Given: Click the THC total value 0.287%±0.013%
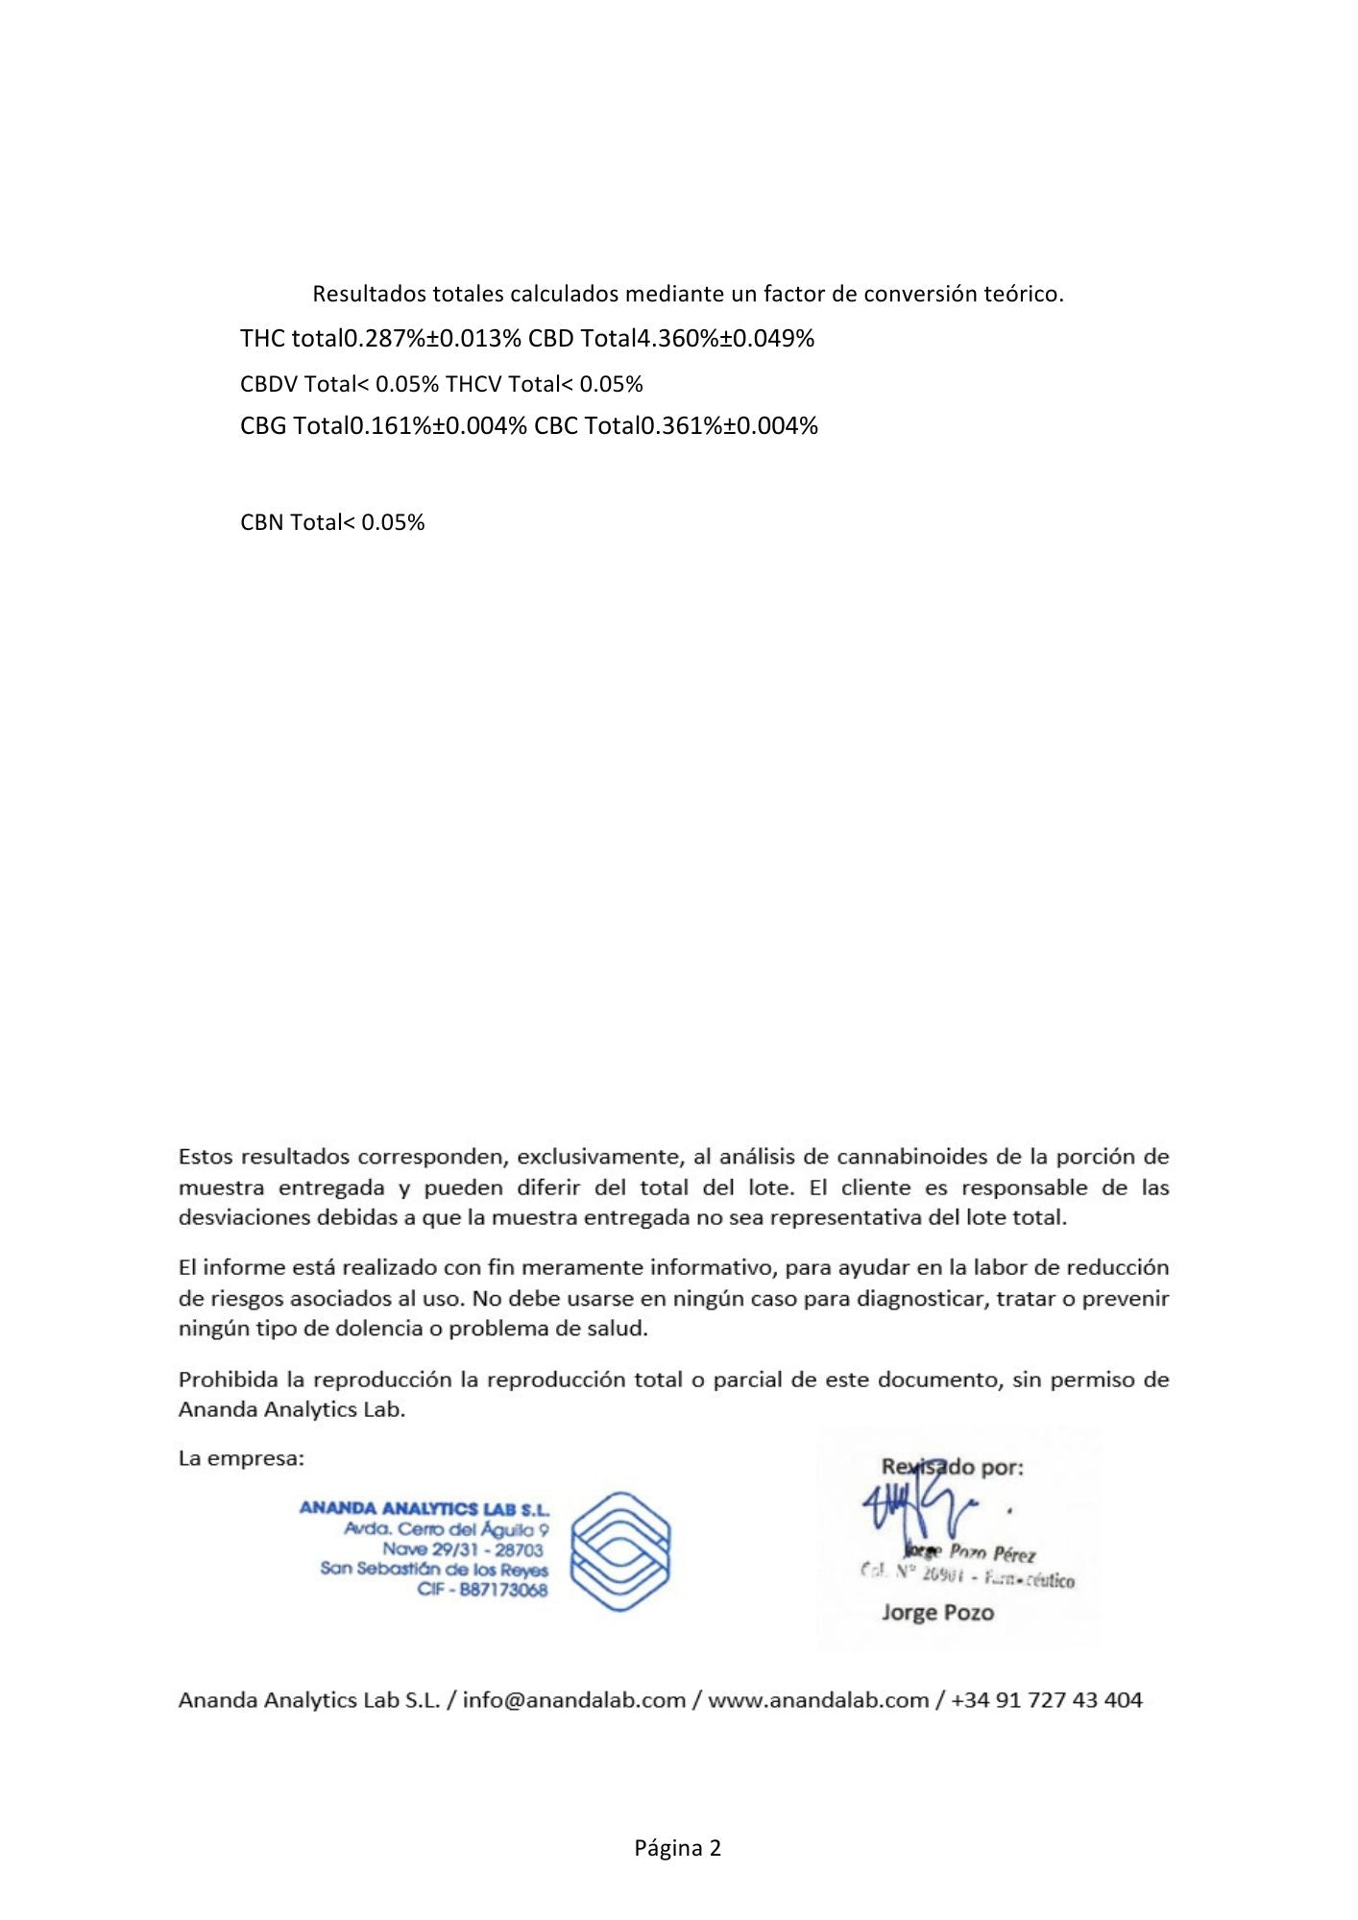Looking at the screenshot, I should pos(432,339).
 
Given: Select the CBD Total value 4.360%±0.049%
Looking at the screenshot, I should pos(726,339).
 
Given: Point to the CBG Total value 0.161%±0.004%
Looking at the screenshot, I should pos(438,426).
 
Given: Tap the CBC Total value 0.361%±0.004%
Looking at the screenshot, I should pos(729,426).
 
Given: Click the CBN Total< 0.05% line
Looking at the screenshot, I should pos(332,523).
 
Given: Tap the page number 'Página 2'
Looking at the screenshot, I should pos(677,1848).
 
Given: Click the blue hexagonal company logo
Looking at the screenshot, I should pos(620,1552).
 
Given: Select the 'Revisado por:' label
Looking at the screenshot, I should pos(952,1467).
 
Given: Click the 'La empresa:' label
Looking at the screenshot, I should pos(241,1458).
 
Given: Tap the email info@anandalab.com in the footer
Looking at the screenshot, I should pos(574,1700).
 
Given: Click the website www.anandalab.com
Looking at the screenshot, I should pos(818,1700).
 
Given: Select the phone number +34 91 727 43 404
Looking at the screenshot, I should pos(1046,1700).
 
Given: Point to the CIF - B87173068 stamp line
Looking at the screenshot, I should pos(482,1590).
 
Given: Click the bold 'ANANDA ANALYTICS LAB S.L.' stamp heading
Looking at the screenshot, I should pos(424,1508).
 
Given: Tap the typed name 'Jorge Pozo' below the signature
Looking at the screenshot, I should pos(937,1613).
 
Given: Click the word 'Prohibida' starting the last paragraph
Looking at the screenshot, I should pos(228,1380).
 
